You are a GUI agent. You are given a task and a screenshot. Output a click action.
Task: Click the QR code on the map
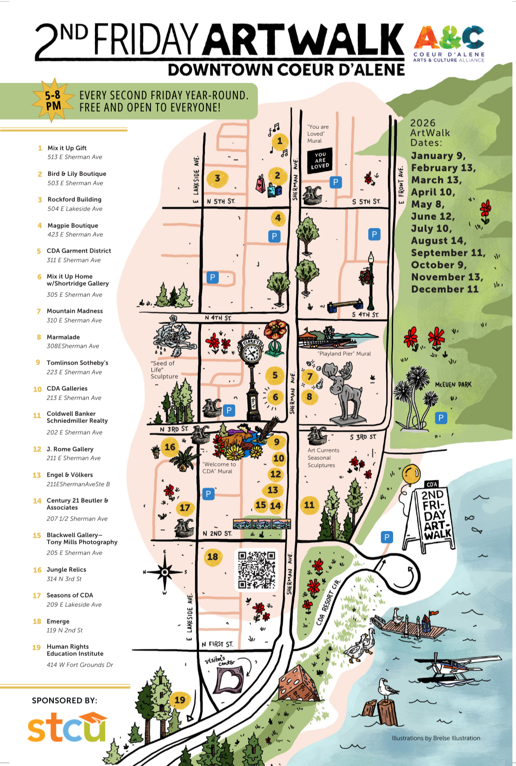pos(257,569)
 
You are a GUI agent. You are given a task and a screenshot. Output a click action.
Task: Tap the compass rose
pos(165,572)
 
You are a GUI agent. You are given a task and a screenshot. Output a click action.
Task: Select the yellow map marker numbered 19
pos(180,699)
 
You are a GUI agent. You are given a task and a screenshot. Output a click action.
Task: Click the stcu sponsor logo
pos(67,727)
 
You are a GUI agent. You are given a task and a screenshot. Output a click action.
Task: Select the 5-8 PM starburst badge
pos(53,100)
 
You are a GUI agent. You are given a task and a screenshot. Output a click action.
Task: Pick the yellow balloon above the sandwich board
pos(411,474)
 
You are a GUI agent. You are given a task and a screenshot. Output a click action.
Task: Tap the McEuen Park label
pos(453,385)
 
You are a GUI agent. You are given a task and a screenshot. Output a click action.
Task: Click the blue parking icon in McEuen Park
pos(441,418)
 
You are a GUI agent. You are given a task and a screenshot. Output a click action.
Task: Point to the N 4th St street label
pos(218,318)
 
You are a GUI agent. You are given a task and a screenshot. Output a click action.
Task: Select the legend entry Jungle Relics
pos(66,569)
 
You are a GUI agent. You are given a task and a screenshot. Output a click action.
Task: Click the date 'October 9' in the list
pos(438,265)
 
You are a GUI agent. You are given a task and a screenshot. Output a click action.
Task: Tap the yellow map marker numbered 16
pos(170,447)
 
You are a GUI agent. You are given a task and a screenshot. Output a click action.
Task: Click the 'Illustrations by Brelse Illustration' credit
pos(436,738)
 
